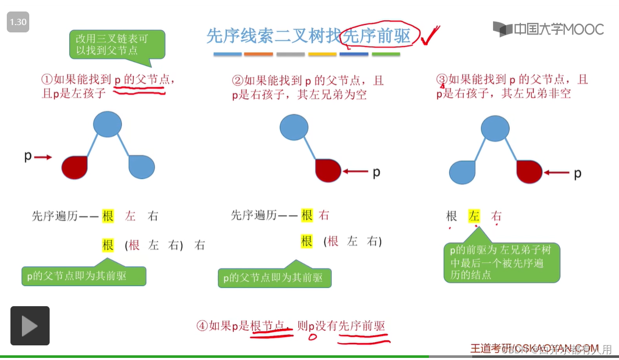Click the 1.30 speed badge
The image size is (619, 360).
point(18,22)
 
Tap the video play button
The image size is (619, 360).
point(30,326)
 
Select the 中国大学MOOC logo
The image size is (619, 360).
point(548,29)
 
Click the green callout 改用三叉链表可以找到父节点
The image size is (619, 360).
point(117,44)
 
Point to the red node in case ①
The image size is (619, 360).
point(74,167)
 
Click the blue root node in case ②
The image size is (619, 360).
point(294,127)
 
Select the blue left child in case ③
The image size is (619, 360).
point(462,172)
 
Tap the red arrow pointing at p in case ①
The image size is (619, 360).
point(44,157)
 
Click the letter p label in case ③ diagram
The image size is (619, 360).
point(577,173)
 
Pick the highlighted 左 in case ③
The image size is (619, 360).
point(474,216)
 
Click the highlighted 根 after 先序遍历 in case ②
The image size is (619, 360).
point(307,215)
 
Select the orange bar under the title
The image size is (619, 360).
point(259,54)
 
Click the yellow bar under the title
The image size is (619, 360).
point(322,54)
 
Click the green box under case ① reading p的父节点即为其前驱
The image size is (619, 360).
point(84,276)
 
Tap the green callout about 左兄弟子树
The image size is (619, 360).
point(501,262)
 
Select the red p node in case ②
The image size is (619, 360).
point(328,170)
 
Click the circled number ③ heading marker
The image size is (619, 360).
point(442,80)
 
